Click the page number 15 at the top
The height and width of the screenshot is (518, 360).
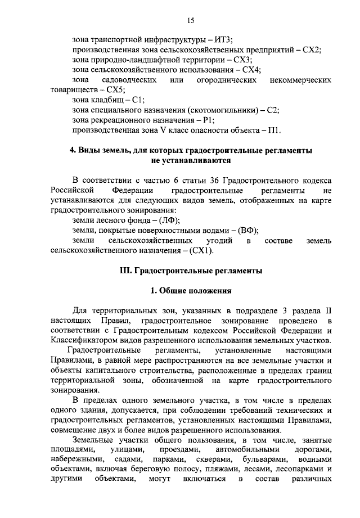pos(191,20)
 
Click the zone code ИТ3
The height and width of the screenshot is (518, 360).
pos(223,39)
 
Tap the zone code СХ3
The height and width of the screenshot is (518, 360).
pos(243,60)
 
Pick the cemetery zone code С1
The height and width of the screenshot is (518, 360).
pos(137,100)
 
